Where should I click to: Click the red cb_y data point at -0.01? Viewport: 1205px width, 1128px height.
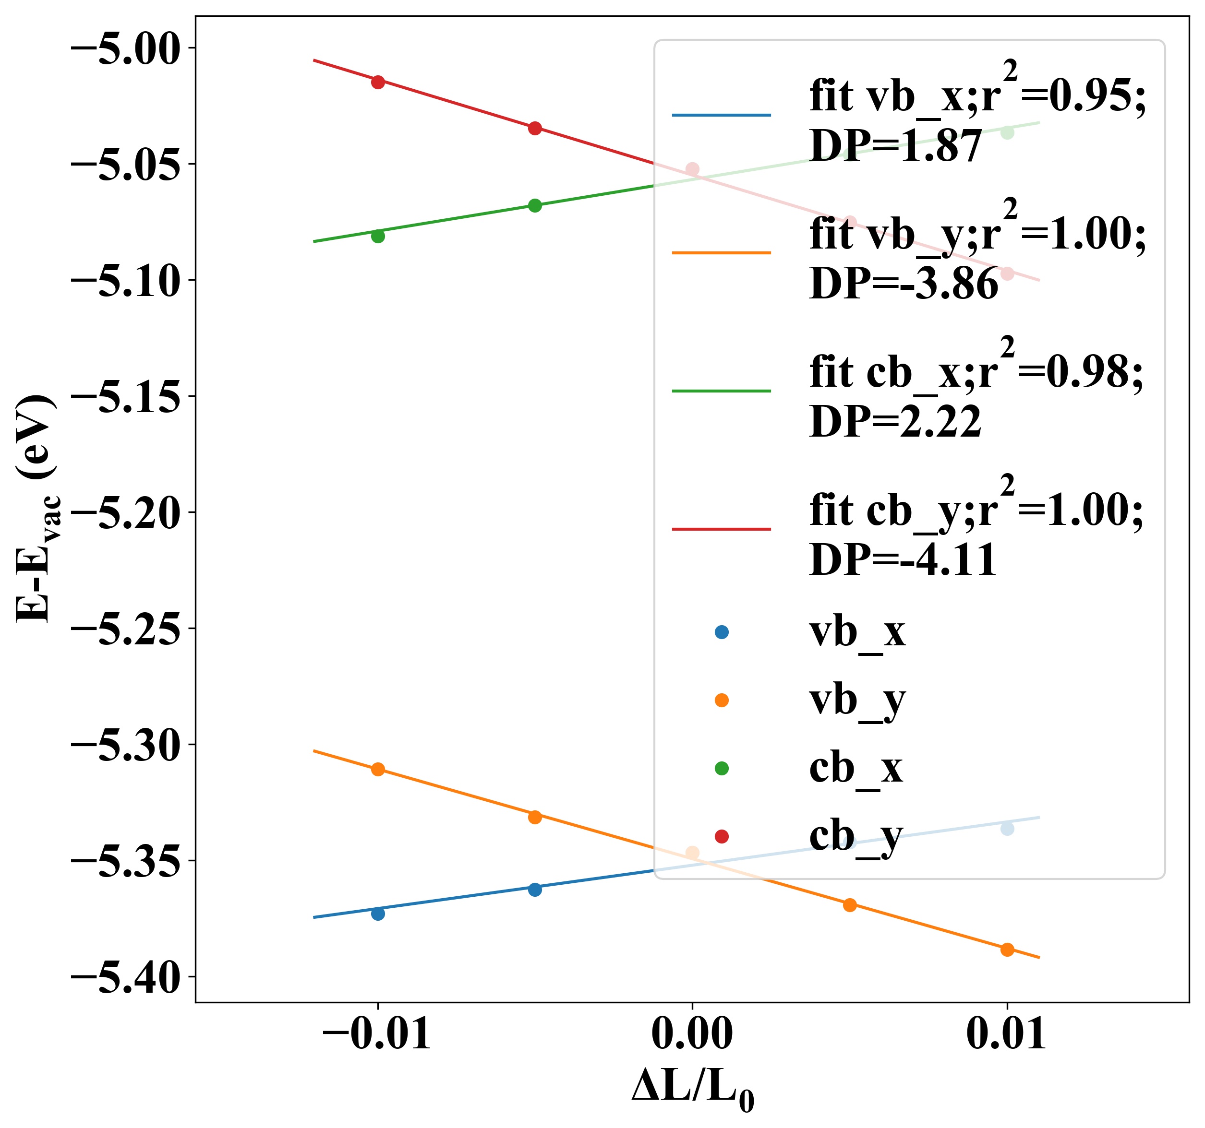coord(378,82)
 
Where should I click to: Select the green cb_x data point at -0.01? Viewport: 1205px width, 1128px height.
coord(378,236)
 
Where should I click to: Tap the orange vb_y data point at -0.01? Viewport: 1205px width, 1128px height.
coord(378,770)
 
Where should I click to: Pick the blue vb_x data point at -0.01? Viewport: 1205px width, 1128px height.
coord(378,914)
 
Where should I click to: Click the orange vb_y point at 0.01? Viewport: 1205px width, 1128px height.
coord(1007,950)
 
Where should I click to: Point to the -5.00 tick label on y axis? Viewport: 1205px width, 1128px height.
coord(126,48)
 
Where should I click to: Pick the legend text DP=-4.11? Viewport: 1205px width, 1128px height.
coord(903,560)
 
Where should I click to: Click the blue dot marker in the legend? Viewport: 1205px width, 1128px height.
coord(721,632)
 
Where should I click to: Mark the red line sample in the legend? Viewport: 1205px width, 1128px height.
coord(721,529)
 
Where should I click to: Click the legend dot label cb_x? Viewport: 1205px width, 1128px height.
coord(856,768)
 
